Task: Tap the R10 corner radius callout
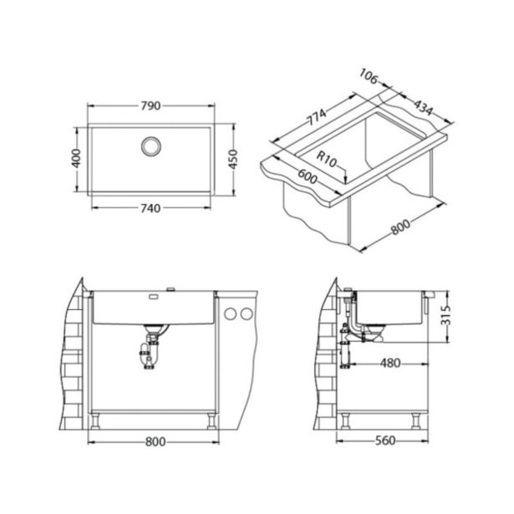[328, 156]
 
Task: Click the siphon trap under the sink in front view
[153, 351]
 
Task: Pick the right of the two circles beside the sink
[246, 313]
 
